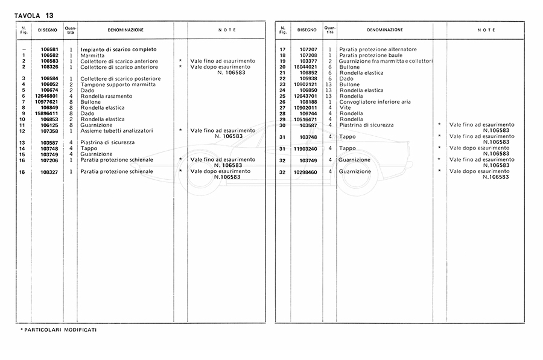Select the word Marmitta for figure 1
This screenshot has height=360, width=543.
(92, 55)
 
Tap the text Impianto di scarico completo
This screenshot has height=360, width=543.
(118, 49)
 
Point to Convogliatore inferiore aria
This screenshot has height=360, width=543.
(375, 102)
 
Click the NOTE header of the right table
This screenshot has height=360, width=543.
(486, 30)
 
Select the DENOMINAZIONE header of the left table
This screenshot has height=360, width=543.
(125, 30)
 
